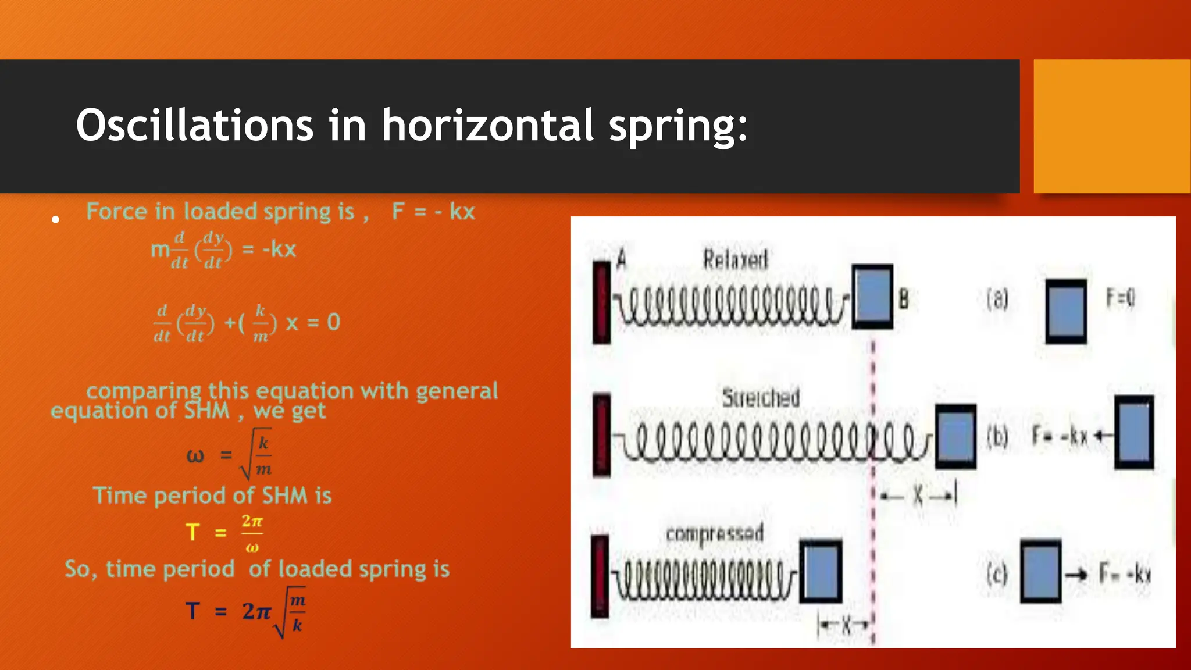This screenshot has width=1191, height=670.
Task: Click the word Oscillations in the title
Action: point(194,125)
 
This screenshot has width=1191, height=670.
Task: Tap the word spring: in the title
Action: point(677,126)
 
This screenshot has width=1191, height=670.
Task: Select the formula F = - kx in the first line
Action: point(433,212)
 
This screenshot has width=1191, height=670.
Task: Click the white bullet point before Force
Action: point(56,219)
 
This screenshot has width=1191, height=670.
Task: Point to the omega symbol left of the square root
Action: point(195,455)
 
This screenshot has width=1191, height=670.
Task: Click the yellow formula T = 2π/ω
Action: point(224,532)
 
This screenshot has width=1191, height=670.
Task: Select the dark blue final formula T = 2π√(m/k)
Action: point(245,612)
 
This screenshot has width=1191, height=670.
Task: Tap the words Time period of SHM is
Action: point(212,496)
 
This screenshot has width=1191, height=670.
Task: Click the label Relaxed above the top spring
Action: point(735,259)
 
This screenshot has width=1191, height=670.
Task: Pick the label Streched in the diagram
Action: point(761,398)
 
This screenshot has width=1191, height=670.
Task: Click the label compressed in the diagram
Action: point(714,533)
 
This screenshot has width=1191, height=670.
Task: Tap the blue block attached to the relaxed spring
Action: point(872,297)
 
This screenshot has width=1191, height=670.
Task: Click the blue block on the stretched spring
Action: point(955,436)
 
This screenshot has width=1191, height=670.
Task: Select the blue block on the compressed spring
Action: point(821,571)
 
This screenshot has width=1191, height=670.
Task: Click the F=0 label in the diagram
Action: point(1120,298)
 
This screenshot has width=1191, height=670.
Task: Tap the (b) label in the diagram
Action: point(997,436)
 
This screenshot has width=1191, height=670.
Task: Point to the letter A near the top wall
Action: point(621,258)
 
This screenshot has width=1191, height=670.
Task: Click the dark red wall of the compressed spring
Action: point(600,576)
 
